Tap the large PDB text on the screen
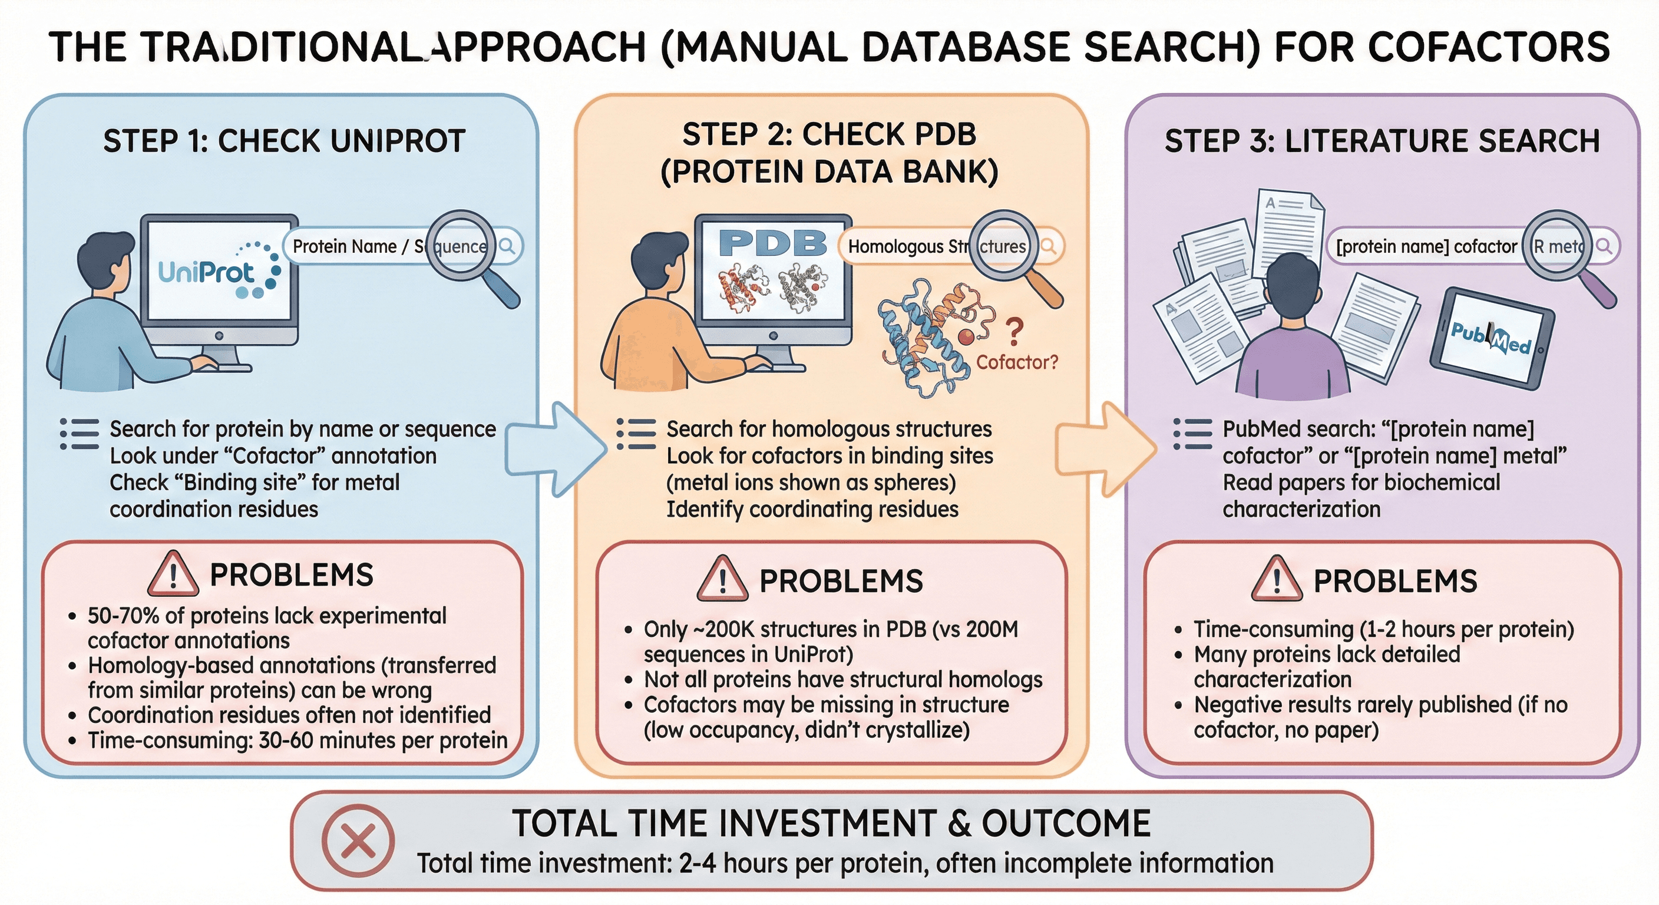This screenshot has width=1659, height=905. tap(772, 243)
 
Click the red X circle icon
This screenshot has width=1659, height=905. tap(358, 841)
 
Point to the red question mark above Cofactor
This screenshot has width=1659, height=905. tap(1014, 332)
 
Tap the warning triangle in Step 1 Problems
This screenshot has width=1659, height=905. tap(173, 574)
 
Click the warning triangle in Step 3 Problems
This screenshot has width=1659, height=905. tap(1277, 579)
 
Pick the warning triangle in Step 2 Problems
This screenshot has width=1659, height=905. tap(722, 579)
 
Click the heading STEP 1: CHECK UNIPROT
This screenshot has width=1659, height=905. tap(284, 141)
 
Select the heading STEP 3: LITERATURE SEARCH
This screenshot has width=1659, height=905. tap(1382, 141)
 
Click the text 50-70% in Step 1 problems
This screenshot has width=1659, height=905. tap(123, 616)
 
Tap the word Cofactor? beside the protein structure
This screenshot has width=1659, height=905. tap(1017, 362)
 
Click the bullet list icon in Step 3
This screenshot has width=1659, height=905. tap(1192, 434)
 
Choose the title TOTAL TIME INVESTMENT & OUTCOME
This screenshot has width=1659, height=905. tap(831, 824)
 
